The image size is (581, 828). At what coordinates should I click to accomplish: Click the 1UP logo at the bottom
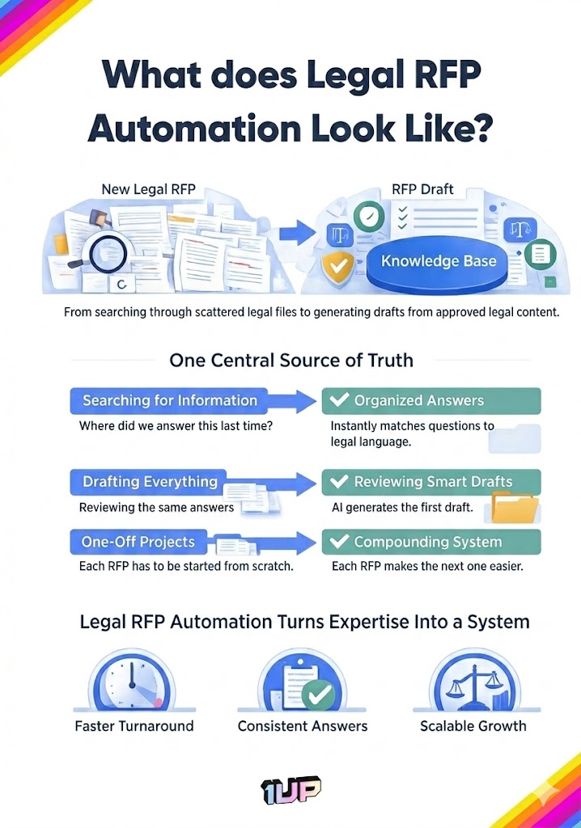[x=290, y=790]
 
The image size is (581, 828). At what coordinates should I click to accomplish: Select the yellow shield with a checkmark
[x=338, y=267]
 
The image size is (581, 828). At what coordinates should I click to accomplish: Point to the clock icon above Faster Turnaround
[x=132, y=681]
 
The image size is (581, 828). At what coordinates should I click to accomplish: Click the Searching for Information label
[x=170, y=400]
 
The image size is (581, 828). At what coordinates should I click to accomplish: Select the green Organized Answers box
[x=431, y=401]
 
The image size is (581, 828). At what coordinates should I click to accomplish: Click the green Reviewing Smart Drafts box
[x=431, y=482]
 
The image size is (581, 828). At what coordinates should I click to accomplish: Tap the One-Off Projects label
[x=138, y=542]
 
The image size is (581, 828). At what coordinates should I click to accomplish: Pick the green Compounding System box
[x=431, y=542]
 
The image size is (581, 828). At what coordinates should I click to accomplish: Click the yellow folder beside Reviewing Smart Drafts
[x=515, y=507]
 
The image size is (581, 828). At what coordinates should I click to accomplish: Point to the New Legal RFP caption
[x=149, y=189]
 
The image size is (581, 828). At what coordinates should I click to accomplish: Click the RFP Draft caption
[x=422, y=189]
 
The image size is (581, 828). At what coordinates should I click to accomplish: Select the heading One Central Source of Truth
[x=291, y=360]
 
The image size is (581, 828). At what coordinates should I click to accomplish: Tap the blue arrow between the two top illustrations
[x=298, y=232]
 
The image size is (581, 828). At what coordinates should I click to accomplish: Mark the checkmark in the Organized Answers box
[x=339, y=399]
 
